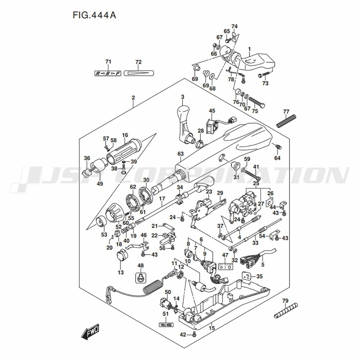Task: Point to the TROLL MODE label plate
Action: pyautogui.click(x=166, y=324)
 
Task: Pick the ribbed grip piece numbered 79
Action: pyautogui.click(x=286, y=310)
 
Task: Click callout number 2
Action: pyautogui.click(x=133, y=98)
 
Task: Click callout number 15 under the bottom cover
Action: pyautogui.click(x=212, y=328)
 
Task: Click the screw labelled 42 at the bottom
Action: pyautogui.click(x=194, y=334)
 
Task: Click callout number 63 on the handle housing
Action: pyautogui.click(x=181, y=154)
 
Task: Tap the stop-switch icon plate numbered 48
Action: pyautogui.click(x=141, y=278)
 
